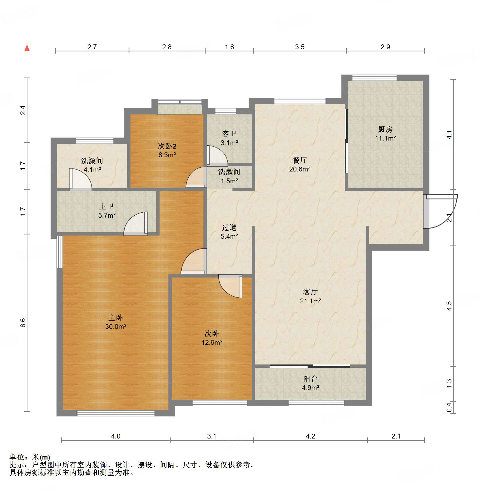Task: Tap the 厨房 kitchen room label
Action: pyautogui.click(x=385, y=129)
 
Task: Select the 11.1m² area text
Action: pyautogui.click(x=385, y=138)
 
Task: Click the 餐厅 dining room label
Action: pyautogui.click(x=299, y=160)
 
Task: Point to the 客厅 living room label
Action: pyautogui.click(x=310, y=292)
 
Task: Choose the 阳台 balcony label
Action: pyautogui.click(x=310, y=379)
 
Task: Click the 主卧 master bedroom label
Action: pyautogui.click(x=115, y=318)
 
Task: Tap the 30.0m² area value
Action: pyautogui.click(x=116, y=327)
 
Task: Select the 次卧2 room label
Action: pyautogui.click(x=167, y=146)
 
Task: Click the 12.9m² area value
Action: pyautogui.click(x=212, y=343)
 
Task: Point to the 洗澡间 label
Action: pyautogui.click(x=92, y=161)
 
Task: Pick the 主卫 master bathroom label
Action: pyautogui.click(x=107, y=207)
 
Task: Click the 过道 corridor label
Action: pyautogui.click(x=229, y=228)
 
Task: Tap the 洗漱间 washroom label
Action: pyautogui.click(x=229, y=172)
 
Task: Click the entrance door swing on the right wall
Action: pyautogui.click(x=440, y=211)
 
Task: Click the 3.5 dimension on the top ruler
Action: pyautogui.click(x=300, y=47)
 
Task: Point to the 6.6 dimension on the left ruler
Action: pyautogui.click(x=23, y=323)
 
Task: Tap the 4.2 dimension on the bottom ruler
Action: pyautogui.click(x=310, y=436)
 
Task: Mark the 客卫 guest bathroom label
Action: pyautogui.click(x=229, y=134)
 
